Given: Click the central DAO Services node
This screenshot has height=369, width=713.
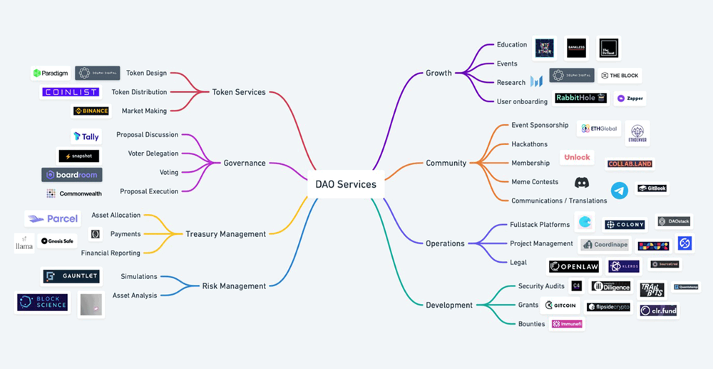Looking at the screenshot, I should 346,184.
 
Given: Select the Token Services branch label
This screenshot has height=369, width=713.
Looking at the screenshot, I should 238,92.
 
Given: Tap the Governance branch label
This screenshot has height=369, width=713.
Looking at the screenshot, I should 245,163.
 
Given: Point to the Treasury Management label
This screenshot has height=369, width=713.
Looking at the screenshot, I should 225,234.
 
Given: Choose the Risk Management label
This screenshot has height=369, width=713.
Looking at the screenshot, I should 234,286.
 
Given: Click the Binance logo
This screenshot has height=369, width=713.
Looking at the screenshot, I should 91,111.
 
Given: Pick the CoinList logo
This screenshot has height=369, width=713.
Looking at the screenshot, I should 71,92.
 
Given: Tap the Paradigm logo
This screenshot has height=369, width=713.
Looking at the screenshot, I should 50,73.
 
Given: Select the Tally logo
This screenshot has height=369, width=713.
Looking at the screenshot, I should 86,136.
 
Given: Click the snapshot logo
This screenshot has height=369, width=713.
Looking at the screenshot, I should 78,156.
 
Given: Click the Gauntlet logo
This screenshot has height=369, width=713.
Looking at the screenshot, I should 71,276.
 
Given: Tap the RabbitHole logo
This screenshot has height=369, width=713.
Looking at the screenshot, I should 580,98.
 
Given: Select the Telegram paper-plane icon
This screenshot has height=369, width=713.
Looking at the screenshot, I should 619,190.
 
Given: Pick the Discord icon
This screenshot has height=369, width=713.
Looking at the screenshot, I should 582,183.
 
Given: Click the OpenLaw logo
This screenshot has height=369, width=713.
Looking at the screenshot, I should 574,267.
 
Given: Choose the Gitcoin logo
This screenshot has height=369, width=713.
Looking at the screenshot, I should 560,305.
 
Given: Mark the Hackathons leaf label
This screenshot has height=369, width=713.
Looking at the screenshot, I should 529,144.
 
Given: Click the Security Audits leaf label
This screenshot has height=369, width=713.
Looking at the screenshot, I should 541,286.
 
